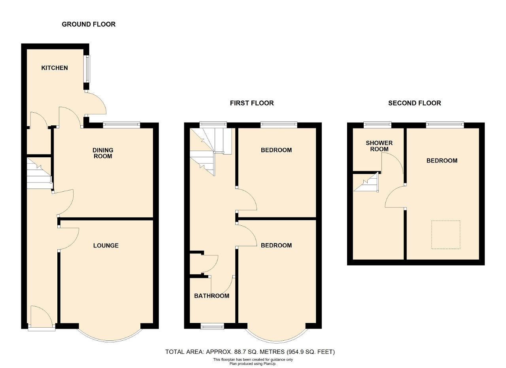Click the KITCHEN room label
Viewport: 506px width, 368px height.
55,68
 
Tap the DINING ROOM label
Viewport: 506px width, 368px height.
103,153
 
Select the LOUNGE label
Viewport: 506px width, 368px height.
106,245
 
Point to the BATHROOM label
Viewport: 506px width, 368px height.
211,296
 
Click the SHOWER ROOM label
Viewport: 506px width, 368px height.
379,146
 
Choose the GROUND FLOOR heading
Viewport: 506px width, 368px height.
89,24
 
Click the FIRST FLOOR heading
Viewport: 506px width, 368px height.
252,103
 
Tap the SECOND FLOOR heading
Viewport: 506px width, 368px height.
415,103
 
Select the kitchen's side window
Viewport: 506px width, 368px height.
87,69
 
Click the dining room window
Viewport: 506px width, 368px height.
121,125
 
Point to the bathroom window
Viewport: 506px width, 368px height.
212,326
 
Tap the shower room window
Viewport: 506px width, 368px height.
378,125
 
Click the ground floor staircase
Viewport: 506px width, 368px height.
39,173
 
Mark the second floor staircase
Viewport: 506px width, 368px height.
366,182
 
